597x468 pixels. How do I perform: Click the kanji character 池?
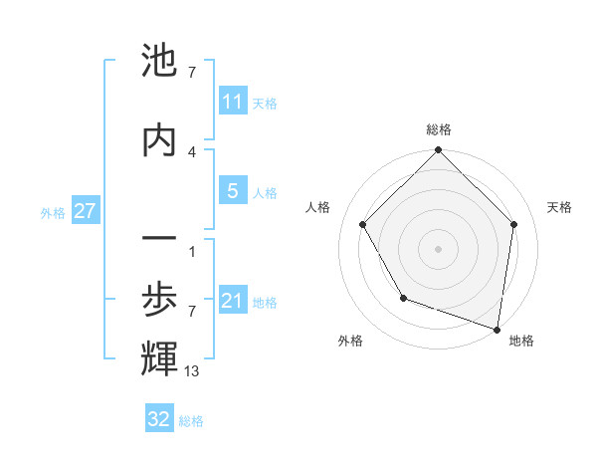[x=159, y=63]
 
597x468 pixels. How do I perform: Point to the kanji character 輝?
[x=159, y=359]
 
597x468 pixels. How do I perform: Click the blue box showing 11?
[x=232, y=102]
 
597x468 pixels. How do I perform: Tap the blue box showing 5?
[x=232, y=191]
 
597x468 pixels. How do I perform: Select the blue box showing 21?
[x=232, y=301]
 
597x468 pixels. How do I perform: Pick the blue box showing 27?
[x=85, y=211]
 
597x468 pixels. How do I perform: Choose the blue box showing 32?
[x=159, y=419]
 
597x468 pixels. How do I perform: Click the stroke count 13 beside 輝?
[x=192, y=371]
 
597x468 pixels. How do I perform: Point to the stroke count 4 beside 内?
[x=192, y=151]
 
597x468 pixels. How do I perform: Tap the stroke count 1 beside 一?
[x=192, y=251]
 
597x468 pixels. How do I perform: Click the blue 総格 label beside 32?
[x=191, y=421]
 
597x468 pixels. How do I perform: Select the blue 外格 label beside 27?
[x=53, y=212]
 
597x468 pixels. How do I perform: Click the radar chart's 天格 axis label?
[x=559, y=207]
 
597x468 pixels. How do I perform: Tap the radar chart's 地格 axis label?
[x=521, y=341]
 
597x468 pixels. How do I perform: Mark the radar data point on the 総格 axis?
[x=438, y=151]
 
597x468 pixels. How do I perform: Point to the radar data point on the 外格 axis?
[x=403, y=298]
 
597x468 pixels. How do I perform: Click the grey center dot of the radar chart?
[x=438, y=249]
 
